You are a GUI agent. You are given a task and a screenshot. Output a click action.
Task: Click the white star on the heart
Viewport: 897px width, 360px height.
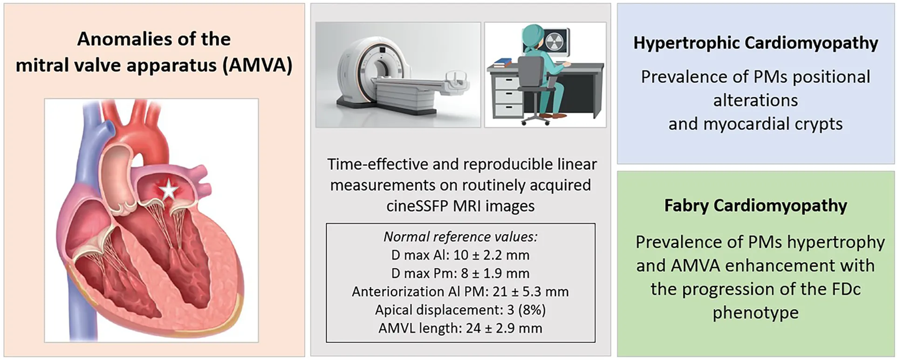pyautogui.click(x=169, y=190)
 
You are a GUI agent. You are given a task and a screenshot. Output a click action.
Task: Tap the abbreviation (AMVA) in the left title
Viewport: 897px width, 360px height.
pyautogui.click(x=257, y=65)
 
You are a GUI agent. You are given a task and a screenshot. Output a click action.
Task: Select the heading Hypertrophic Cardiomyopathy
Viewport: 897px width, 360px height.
pyautogui.click(x=755, y=43)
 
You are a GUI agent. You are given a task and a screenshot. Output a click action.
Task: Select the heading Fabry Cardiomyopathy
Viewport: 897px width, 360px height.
pyautogui.click(x=755, y=205)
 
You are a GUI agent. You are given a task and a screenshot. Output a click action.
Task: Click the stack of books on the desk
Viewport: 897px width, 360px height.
pyautogui.click(x=502, y=62)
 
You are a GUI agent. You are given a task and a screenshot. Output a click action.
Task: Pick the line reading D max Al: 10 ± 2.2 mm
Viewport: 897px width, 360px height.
pyautogui.click(x=460, y=255)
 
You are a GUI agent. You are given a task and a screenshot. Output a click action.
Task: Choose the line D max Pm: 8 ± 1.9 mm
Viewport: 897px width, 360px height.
pyautogui.click(x=460, y=273)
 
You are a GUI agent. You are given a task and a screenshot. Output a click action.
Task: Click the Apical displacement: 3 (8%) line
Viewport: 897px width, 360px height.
pyautogui.click(x=460, y=310)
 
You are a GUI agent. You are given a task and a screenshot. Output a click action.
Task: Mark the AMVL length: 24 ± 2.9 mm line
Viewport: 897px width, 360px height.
pyautogui.click(x=460, y=328)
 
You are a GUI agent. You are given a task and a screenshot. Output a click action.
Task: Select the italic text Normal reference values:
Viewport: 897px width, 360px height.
pyautogui.click(x=460, y=237)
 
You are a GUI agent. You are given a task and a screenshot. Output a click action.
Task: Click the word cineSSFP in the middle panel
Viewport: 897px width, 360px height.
pyautogui.click(x=418, y=206)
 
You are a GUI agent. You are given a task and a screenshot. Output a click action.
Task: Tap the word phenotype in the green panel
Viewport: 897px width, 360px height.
pyautogui.click(x=755, y=313)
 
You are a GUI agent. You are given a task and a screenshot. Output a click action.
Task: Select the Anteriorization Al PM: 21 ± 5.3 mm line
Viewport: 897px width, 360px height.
pyautogui.click(x=460, y=292)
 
